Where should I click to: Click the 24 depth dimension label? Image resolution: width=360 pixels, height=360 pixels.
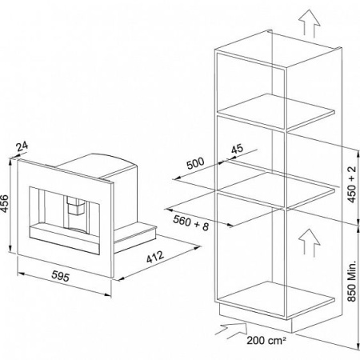(22, 146)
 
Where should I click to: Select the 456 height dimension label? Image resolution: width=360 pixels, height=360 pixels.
(5, 204)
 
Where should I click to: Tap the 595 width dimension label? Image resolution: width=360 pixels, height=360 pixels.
(60, 276)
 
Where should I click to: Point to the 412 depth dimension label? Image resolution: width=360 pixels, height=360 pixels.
(155, 257)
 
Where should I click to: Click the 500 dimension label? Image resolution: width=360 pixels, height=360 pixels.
(195, 163)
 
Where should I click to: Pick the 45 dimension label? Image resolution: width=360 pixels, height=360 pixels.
(237, 149)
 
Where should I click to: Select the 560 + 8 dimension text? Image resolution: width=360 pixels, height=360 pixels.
(190, 223)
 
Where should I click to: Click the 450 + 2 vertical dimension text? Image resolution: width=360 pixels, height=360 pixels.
(352, 184)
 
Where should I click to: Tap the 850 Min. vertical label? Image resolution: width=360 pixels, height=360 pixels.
(352, 281)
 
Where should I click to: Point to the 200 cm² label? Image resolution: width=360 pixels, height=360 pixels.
(266, 341)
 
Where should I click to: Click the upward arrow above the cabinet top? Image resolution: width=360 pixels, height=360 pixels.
(309, 22)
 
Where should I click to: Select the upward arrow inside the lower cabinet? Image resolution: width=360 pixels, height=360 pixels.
(309, 242)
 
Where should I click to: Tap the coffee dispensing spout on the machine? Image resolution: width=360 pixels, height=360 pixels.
(76, 206)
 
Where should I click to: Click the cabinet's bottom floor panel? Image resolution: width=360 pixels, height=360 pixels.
(277, 298)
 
